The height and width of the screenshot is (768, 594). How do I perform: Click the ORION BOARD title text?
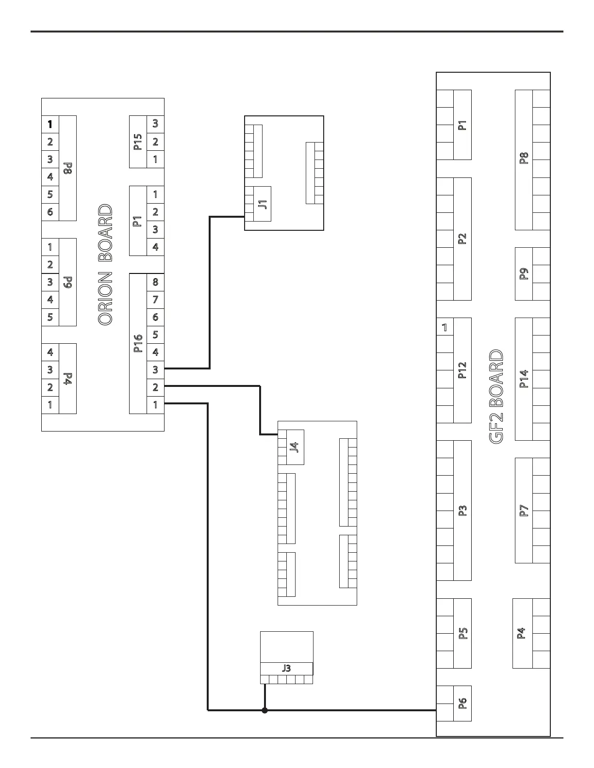105,264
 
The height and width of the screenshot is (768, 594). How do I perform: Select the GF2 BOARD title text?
496,396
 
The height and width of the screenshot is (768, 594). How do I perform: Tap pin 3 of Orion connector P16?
155,369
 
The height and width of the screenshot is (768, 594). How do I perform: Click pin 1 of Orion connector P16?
155,404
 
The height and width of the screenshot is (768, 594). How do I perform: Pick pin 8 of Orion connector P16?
155,282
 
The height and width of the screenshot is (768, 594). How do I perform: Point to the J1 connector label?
263,204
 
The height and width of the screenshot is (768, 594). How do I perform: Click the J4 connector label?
294,447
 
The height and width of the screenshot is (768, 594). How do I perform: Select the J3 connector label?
286,668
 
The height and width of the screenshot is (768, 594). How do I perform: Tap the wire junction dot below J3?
264,710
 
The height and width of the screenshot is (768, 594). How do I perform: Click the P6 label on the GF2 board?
462,703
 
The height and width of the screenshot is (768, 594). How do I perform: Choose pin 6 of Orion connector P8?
50,212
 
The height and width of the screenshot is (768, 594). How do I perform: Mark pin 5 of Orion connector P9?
50,317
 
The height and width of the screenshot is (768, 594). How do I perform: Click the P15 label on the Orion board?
138,142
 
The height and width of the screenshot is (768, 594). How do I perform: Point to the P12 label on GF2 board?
462,370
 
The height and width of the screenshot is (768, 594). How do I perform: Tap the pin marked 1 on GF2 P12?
445,327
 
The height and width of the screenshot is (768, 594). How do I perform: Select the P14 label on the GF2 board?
524,379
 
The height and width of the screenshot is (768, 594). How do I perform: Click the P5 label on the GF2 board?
462,633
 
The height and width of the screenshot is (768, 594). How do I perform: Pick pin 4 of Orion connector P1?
155,247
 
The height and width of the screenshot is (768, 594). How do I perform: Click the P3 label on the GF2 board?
462,510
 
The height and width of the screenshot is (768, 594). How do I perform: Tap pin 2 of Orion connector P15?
155,142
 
